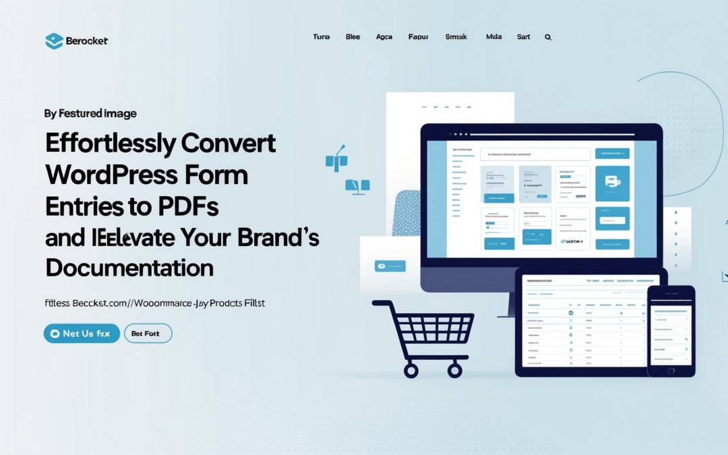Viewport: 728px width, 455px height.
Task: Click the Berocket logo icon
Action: (54, 40)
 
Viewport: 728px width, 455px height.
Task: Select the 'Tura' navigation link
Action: (322, 37)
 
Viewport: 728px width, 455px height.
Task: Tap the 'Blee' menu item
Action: (353, 37)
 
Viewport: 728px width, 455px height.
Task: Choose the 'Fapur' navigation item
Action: (418, 37)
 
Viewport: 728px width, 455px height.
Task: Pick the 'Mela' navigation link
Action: (493, 37)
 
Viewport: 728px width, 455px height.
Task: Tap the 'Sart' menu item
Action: (523, 37)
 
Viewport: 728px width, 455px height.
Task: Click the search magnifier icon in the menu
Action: (548, 38)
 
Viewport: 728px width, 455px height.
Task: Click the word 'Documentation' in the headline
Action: (129, 268)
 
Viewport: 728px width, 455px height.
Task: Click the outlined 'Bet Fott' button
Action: (148, 334)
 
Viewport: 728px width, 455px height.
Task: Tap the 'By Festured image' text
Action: (90, 113)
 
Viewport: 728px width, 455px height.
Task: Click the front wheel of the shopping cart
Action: (411, 370)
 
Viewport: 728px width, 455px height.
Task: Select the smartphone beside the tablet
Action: (670, 330)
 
